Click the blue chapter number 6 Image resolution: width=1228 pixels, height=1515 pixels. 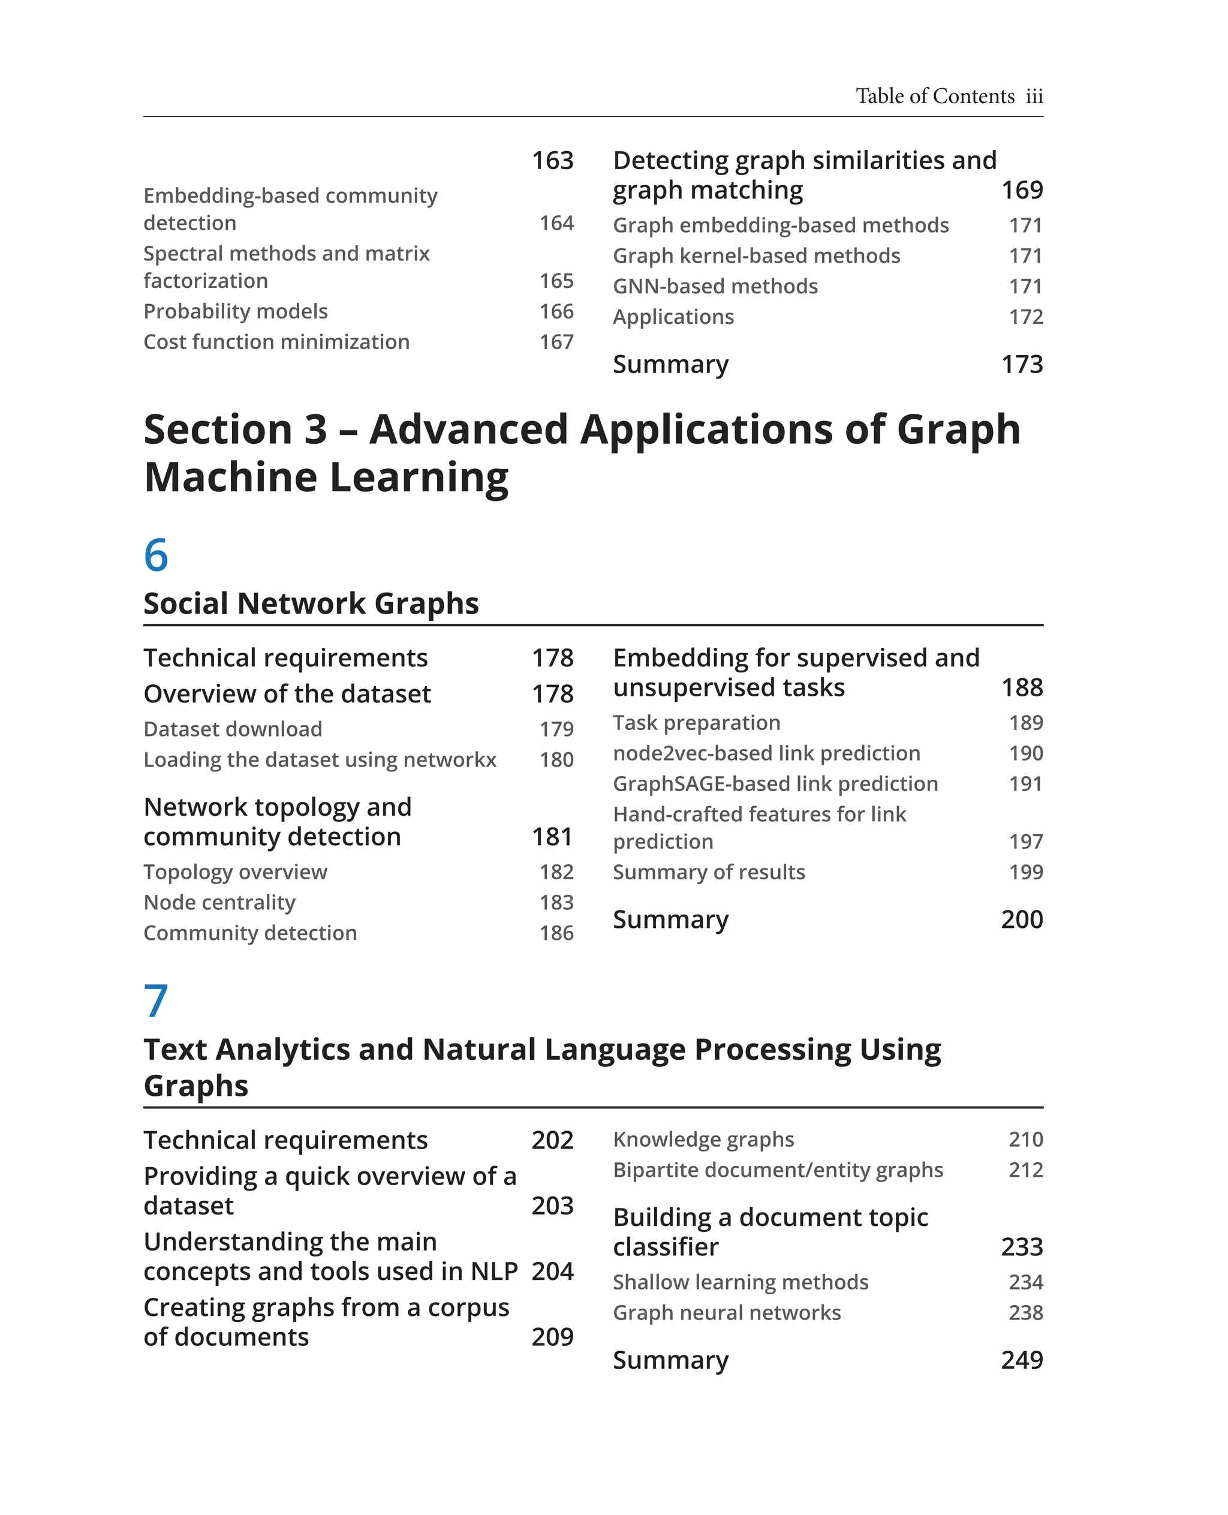[x=156, y=555]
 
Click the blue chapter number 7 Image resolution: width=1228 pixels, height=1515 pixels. [x=156, y=1000]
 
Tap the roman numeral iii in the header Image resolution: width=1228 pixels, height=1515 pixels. [x=1034, y=96]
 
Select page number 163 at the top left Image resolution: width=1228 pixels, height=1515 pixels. [x=552, y=161]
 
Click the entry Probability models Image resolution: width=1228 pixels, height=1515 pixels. [x=236, y=311]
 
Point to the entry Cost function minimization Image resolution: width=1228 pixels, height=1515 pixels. [x=276, y=342]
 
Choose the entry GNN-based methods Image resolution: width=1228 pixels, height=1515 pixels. [x=715, y=286]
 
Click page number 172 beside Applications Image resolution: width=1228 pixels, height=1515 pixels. [x=1026, y=316]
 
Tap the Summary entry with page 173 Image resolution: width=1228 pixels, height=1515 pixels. [x=670, y=365]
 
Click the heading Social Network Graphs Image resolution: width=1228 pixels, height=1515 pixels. [x=311, y=603]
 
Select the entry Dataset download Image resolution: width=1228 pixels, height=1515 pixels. [x=233, y=729]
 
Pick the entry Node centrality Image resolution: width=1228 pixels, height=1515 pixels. [x=219, y=902]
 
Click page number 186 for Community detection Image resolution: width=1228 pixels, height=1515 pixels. [x=556, y=933]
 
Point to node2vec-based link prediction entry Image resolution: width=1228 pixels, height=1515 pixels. [x=767, y=753]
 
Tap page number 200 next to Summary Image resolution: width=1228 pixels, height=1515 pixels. [x=1022, y=919]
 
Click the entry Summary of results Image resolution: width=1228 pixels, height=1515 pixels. [x=709, y=872]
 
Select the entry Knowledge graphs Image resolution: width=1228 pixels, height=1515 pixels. [x=704, y=1140]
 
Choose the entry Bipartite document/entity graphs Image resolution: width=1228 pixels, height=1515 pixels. [x=778, y=1170]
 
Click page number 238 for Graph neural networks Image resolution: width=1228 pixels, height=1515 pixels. [x=1026, y=1313]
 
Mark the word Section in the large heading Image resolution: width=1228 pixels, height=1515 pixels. [x=217, y=429]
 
